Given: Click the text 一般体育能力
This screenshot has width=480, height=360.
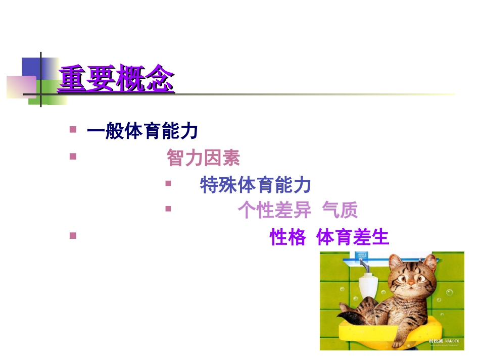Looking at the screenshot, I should point(142,132).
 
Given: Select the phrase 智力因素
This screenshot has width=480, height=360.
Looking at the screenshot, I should point(203,159).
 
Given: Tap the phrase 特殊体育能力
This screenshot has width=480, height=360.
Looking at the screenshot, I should point(256,185).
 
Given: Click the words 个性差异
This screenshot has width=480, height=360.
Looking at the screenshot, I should point(275,211).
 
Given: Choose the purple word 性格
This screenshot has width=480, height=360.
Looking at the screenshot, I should point(287,237).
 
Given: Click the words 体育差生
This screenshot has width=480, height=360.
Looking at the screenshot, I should point(353,237).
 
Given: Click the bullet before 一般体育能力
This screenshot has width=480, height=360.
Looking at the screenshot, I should point(73,130).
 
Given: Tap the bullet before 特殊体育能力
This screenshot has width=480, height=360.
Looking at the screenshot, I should point(168,183).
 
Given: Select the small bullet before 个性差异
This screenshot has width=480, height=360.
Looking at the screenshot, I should point(168,209).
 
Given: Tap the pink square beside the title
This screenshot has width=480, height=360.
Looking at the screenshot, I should point(20,86).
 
